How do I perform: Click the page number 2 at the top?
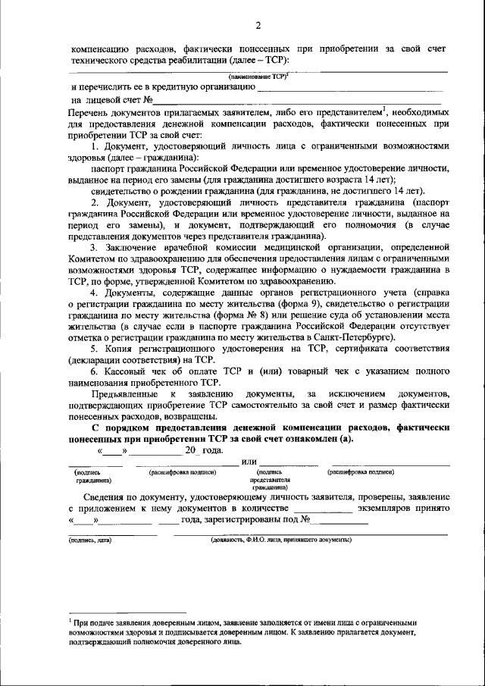(x=258, y=27)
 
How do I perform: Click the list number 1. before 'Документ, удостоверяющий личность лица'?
(x=95, y=145)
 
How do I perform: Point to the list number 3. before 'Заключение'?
(x=95, y=247)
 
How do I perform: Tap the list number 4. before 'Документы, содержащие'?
(x=95, y=293)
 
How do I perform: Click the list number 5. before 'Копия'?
(x=95, y=349)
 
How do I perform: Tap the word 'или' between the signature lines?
(x=249, y=462)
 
